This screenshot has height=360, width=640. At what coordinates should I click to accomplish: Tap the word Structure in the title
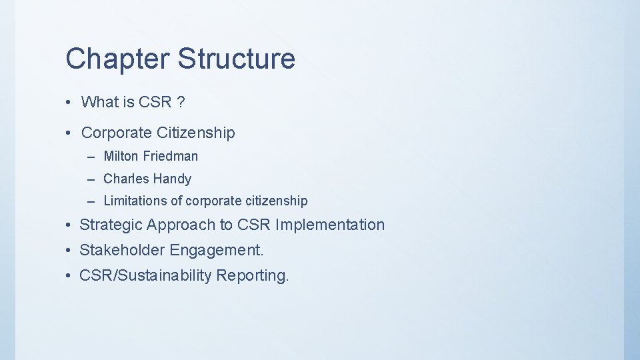(x=236, y=59)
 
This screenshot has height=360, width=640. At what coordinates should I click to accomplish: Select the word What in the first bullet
(x=99, y=102)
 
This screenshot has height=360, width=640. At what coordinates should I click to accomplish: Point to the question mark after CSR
(x=181, y=102)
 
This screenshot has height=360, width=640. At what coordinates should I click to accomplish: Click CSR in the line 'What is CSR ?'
(x=155, y=102)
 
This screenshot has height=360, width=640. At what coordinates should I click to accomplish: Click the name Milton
(x=121, y=156)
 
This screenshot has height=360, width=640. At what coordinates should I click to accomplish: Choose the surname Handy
(x=172, y=179)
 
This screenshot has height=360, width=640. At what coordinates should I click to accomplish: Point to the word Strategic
(x=111, y=225)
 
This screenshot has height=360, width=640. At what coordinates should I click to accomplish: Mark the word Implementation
(x=330, y=225)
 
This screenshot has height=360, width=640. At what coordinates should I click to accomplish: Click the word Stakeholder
(x=122, y=251)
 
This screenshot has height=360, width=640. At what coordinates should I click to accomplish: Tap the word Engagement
(x=217, y=251)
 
